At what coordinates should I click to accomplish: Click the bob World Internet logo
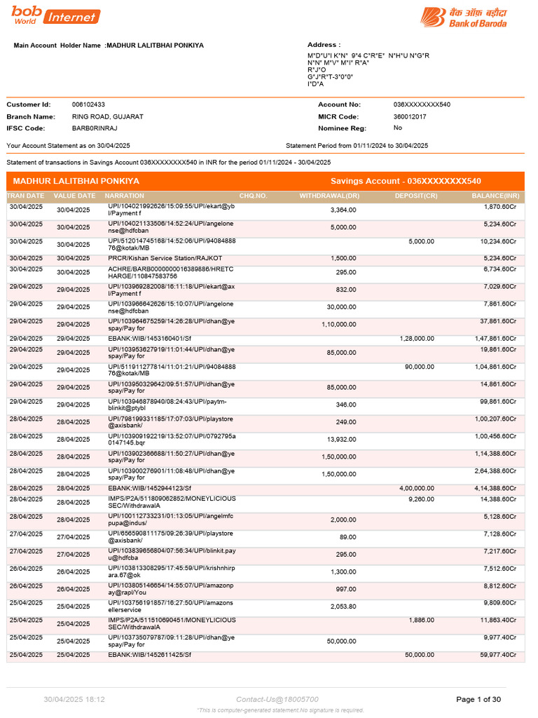coord(55,15)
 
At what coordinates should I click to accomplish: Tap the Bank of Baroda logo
coord(464,18)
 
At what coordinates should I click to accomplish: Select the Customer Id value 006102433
coord(88,104)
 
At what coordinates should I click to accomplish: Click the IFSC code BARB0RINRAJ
coord(95,128)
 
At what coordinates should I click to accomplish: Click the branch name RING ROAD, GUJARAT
coord(107,116)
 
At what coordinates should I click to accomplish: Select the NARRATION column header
coord(125,196)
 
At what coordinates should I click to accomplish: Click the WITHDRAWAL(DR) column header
coord(329,196)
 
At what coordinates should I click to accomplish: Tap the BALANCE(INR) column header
coord(496,196)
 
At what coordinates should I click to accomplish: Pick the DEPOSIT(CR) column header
coord(416,196)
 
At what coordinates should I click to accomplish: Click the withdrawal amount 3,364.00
coord(343,210)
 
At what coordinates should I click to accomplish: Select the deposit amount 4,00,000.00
coord(417,487)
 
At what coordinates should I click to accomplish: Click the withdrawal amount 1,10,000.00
coord(339,325)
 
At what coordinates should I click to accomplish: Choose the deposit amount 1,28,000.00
coord(417,338)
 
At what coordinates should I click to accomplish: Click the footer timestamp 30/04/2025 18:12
coord(74,699)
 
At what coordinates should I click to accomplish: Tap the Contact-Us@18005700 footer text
coord(277,699)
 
